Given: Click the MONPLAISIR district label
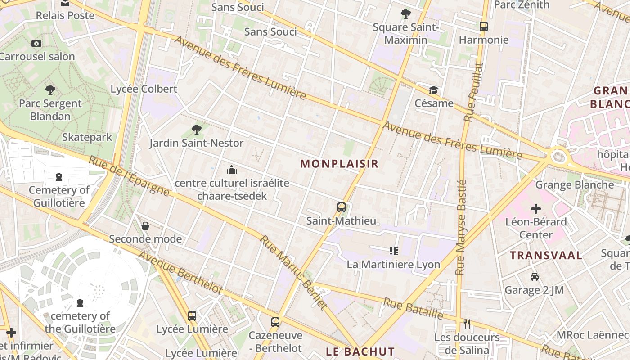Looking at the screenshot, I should pos(339,164).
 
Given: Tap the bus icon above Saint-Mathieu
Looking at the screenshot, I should pos(342,207).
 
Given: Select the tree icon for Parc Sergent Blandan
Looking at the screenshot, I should pos(50,90).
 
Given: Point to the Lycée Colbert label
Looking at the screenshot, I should pos(144,89).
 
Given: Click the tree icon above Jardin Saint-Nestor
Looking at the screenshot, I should pos(196,130).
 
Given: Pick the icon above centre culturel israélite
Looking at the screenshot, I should pos(232,170).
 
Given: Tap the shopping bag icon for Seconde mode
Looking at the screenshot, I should pos(145,225).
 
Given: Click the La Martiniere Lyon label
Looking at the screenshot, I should pos(393,264).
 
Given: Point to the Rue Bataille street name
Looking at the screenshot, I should pos(413,308).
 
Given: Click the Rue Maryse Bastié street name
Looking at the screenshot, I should pos(461,227).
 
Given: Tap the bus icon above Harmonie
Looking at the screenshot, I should pos(484,27).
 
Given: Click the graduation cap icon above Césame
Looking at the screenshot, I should pos(433,90).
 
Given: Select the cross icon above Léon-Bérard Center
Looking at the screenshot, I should pos(535,209).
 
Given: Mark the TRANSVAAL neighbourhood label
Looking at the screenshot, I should pos(546,256).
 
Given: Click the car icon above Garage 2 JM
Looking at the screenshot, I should pos(534,277).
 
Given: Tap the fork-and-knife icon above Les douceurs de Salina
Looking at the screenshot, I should pos(467,324).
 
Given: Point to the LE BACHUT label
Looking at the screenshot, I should pos(360,351).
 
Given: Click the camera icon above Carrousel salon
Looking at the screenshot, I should pos(36,44).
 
